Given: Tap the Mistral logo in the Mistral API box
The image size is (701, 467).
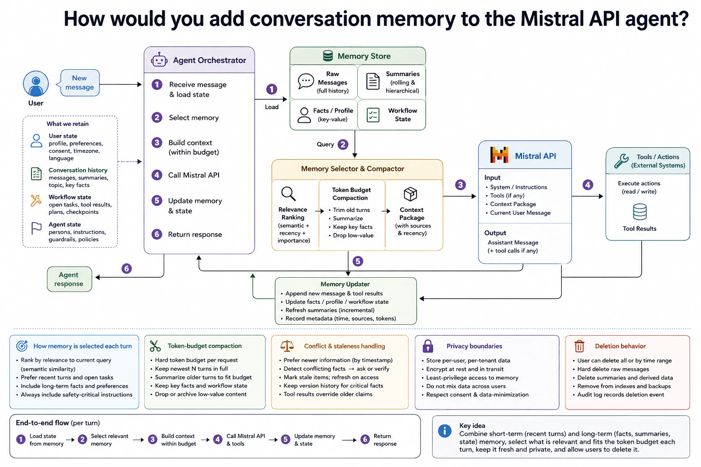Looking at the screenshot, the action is click(x=499, y=155).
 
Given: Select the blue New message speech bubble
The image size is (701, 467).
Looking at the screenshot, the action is click(x=80, y=83).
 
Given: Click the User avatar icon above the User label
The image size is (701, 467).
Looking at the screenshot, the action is click(x=36, y=83).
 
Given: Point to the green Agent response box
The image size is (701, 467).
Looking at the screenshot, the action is click(x=69, y=279).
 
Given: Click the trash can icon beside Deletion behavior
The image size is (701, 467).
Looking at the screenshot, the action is click(x=579, y=346).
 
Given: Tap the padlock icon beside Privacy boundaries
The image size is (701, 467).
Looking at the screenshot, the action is click(x=428, y=346).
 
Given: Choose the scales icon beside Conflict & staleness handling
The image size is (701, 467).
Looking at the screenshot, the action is click(x=287, y=346).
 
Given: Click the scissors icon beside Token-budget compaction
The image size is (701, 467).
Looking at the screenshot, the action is click(x=155, y=346).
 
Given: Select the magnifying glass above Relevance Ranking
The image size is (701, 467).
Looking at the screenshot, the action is click(x=288, y=194).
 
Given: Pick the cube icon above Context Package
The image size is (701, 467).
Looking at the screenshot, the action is click(x=410, y=194).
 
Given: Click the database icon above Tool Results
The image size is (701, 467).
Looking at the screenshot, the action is click(x=640, y=212).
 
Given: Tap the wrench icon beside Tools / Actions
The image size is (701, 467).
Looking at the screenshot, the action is click(x=621, y=161).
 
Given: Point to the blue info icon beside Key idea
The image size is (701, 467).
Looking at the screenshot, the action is click(x=445, y=431).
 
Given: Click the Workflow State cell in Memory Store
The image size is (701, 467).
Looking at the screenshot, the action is click(x=392, y=115).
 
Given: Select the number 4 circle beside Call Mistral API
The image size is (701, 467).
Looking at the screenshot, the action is click(x=157, y=175).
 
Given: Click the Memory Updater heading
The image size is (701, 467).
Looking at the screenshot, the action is click(x=345, y=284).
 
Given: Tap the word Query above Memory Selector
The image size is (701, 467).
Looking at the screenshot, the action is click(x=325, y=144).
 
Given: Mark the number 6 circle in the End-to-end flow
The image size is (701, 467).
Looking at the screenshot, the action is click(x=365, y=440).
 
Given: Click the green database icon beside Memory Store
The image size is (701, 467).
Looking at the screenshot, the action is click(x=328, y=56).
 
